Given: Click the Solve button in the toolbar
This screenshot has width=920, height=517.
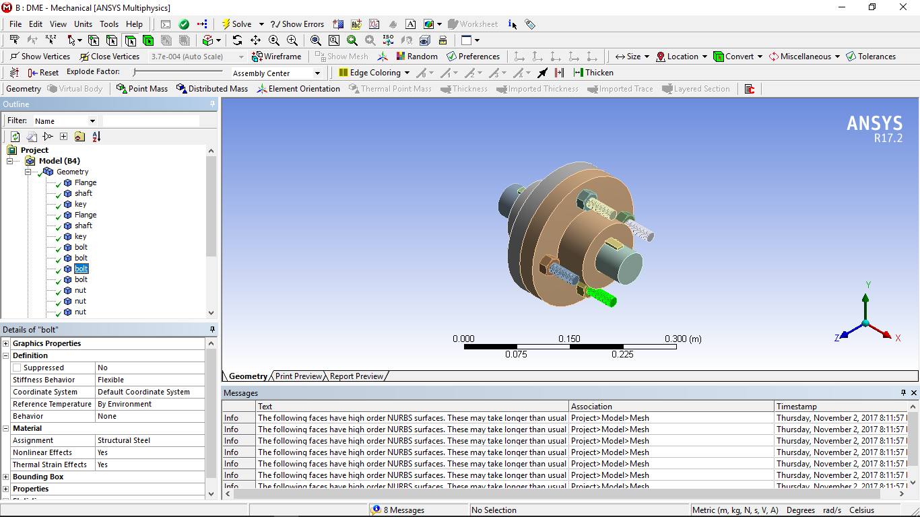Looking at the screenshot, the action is (236, 24).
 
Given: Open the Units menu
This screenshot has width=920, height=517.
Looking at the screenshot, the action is (83, 24).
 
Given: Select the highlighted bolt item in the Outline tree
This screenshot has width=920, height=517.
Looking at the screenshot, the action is (81, 269).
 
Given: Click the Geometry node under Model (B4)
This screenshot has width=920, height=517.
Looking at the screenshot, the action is (72, 172).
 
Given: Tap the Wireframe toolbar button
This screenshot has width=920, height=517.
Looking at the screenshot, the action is (276, 57).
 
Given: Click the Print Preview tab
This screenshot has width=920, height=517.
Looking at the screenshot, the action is (298, 376).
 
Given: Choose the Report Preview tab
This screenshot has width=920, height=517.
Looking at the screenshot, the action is (356, 376).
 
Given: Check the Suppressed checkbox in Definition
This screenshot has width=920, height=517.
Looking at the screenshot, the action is (17, 368).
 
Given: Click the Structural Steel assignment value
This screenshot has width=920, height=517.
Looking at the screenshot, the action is (124, 440).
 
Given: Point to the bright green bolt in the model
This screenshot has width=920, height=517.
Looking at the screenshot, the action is (601, 296).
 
